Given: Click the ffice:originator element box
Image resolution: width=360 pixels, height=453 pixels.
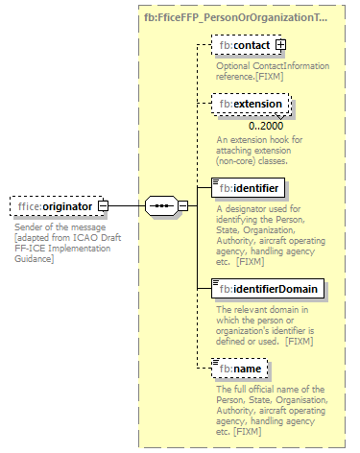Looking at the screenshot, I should click(x=53, y=205).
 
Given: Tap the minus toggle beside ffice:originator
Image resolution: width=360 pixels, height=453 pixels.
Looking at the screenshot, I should click(x=103, y=205).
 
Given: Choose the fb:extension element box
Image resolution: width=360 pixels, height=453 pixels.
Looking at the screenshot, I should click(x=249, y=104).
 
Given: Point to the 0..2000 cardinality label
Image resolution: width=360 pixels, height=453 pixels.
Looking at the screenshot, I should click(x=266, y=126).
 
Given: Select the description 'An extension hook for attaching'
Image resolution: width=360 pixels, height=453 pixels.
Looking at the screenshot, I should click(x=255, y=151).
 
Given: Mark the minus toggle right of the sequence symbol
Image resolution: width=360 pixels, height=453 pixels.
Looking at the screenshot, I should click(x=181, y=205).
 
